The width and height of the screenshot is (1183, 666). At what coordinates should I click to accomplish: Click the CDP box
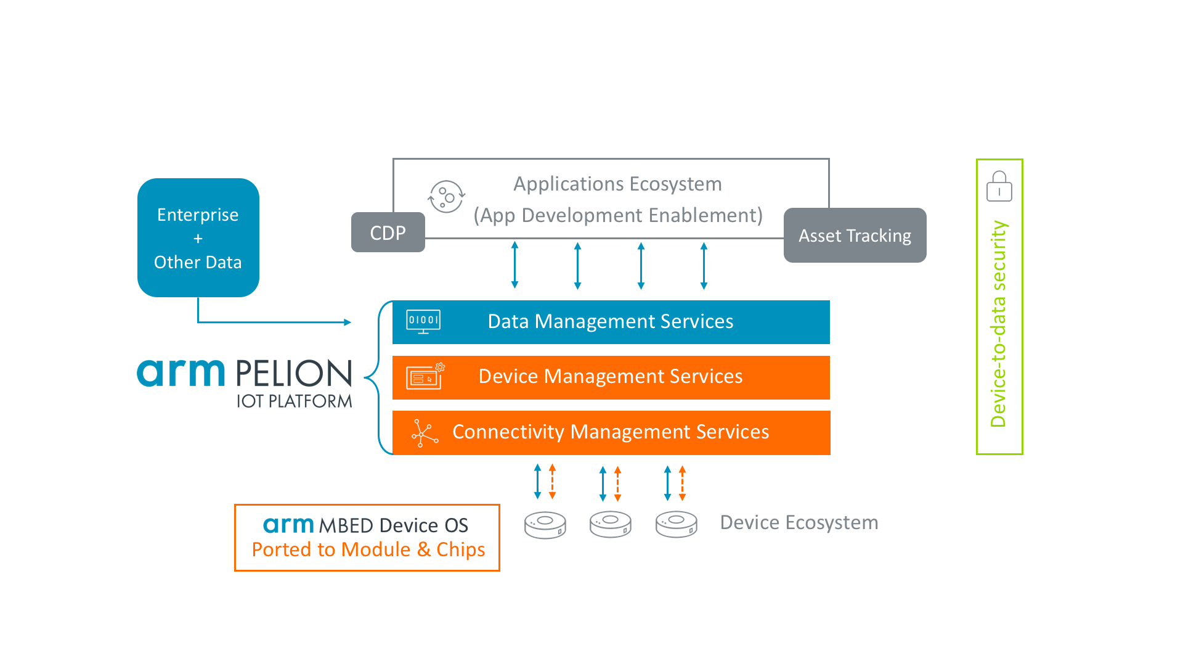[388, 232]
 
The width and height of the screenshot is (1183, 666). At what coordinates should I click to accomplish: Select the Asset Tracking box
[855, 235]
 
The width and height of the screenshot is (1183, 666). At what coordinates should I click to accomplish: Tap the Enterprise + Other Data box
[198, 237]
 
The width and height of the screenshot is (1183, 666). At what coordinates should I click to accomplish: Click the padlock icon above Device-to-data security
[999, 186]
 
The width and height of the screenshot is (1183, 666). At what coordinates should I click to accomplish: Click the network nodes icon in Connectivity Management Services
[425, 433]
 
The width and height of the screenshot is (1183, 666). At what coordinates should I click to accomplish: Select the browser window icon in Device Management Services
[425, 376]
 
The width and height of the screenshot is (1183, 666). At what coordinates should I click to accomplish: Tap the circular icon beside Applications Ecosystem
[446, 197]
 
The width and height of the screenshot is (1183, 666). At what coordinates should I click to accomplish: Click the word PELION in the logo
[293, 374]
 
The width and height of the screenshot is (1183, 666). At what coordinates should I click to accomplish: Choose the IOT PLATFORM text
[295, 401]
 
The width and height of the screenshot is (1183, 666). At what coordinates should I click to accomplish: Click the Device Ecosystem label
[799, 522]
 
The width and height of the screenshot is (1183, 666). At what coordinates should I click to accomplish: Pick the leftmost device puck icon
[545, 525]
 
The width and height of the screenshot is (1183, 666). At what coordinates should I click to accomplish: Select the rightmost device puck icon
[677, 525]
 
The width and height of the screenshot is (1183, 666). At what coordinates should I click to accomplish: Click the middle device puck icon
[611, 525]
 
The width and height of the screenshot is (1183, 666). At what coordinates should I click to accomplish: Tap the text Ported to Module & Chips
[368, 549]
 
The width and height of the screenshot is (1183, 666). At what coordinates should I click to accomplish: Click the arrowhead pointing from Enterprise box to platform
[348, 322]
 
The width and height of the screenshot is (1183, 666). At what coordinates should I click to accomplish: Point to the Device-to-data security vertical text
[998, 324]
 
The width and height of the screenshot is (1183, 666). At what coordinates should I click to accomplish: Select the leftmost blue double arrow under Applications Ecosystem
[515, 265]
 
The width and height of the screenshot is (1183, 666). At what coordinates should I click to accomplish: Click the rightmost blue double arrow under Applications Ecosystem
[704, 266]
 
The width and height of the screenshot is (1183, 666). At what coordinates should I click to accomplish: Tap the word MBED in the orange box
[346, 525]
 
